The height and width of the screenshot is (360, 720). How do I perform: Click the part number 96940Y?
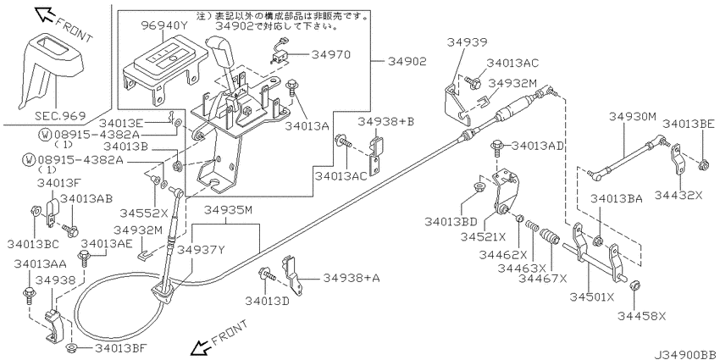point(163,26)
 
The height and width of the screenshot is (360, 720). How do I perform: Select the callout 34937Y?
point(201,248)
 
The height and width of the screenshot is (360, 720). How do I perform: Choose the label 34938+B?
point(385,122)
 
